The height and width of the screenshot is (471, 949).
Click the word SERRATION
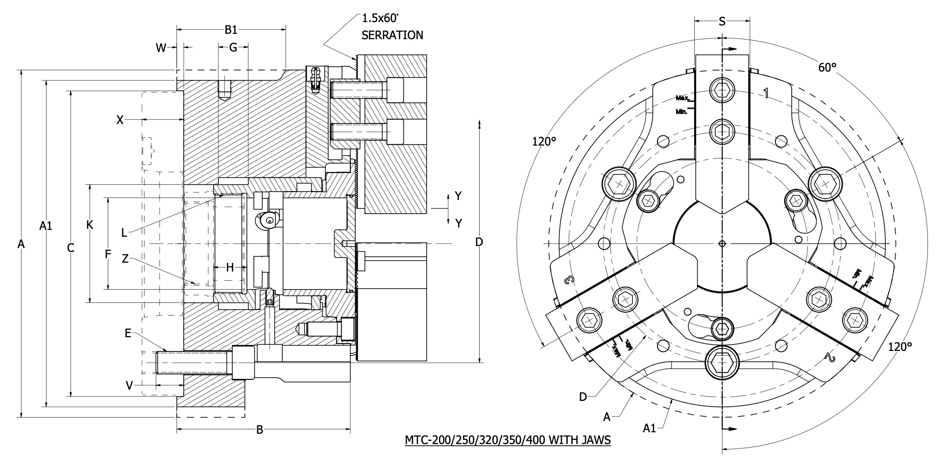(392, 35)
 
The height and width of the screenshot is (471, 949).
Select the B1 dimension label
(231, 30)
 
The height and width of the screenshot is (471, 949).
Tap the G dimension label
(233, 48)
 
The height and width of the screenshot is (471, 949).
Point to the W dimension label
(161, 48)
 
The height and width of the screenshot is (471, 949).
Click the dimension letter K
(90, 225)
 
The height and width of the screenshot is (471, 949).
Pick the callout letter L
(124, 233)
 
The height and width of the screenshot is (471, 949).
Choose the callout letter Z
(125, 259)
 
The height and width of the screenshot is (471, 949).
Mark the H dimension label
(230, 268)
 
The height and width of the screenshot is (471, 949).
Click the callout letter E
(128, 333)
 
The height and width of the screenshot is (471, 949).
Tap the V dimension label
(129, 386)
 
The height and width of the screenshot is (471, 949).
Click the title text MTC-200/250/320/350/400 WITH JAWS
(508, 440)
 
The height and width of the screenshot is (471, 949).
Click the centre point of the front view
(722, 244)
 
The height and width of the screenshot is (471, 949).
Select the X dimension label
(120, 120)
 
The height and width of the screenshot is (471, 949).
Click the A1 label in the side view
(46, 226)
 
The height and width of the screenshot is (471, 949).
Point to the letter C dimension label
(71, 248)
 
